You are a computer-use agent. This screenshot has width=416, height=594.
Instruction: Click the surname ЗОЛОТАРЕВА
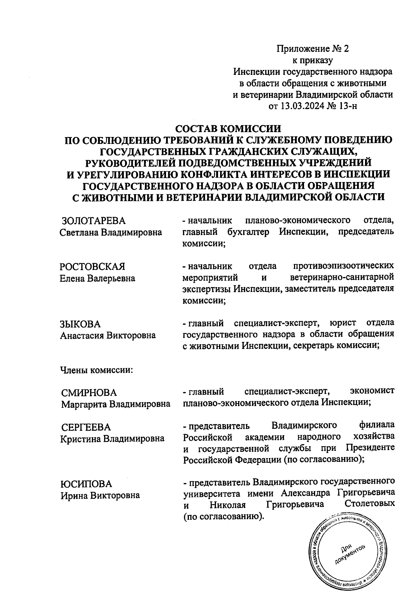tap(93, 221)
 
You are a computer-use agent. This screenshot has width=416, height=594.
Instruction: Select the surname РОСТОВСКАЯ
tap(92, 267)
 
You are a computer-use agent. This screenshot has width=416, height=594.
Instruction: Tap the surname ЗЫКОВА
tap(80, 324)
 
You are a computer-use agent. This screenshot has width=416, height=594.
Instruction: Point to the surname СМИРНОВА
tap(89, 393)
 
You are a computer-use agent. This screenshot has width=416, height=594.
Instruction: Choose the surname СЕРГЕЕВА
tap(86, 427)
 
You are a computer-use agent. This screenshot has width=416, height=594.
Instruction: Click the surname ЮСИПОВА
tap(87, 484)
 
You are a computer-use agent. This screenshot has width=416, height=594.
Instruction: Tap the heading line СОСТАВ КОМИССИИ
tap(228, 129)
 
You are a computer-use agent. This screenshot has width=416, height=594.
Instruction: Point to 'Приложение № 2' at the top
tap(312, 49)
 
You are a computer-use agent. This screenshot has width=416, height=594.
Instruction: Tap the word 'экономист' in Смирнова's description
tap(372, 392)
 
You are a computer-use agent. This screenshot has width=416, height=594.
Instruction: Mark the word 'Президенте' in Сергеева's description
tap(370, 448)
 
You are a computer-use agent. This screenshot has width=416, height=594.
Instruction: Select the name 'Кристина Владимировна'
tap(112, 438)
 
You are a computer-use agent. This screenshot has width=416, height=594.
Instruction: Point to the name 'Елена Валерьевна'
tap(97, 278)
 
